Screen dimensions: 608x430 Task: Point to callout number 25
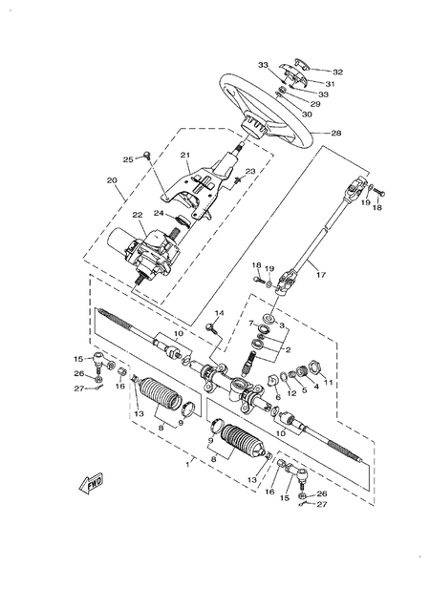click(x=127, y=159)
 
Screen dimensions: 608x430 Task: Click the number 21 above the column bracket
click(x=185, y=156)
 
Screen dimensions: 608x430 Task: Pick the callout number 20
click(x=112, y=180)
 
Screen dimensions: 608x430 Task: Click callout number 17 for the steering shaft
click(x=320, y=275)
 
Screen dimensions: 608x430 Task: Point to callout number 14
click(x=219, y=314)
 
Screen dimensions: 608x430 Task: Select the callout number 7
click(x=251, y=325)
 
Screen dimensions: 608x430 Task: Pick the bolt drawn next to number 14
click(x=210, y=327)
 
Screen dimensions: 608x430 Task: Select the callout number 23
click(x=224, y=172)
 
